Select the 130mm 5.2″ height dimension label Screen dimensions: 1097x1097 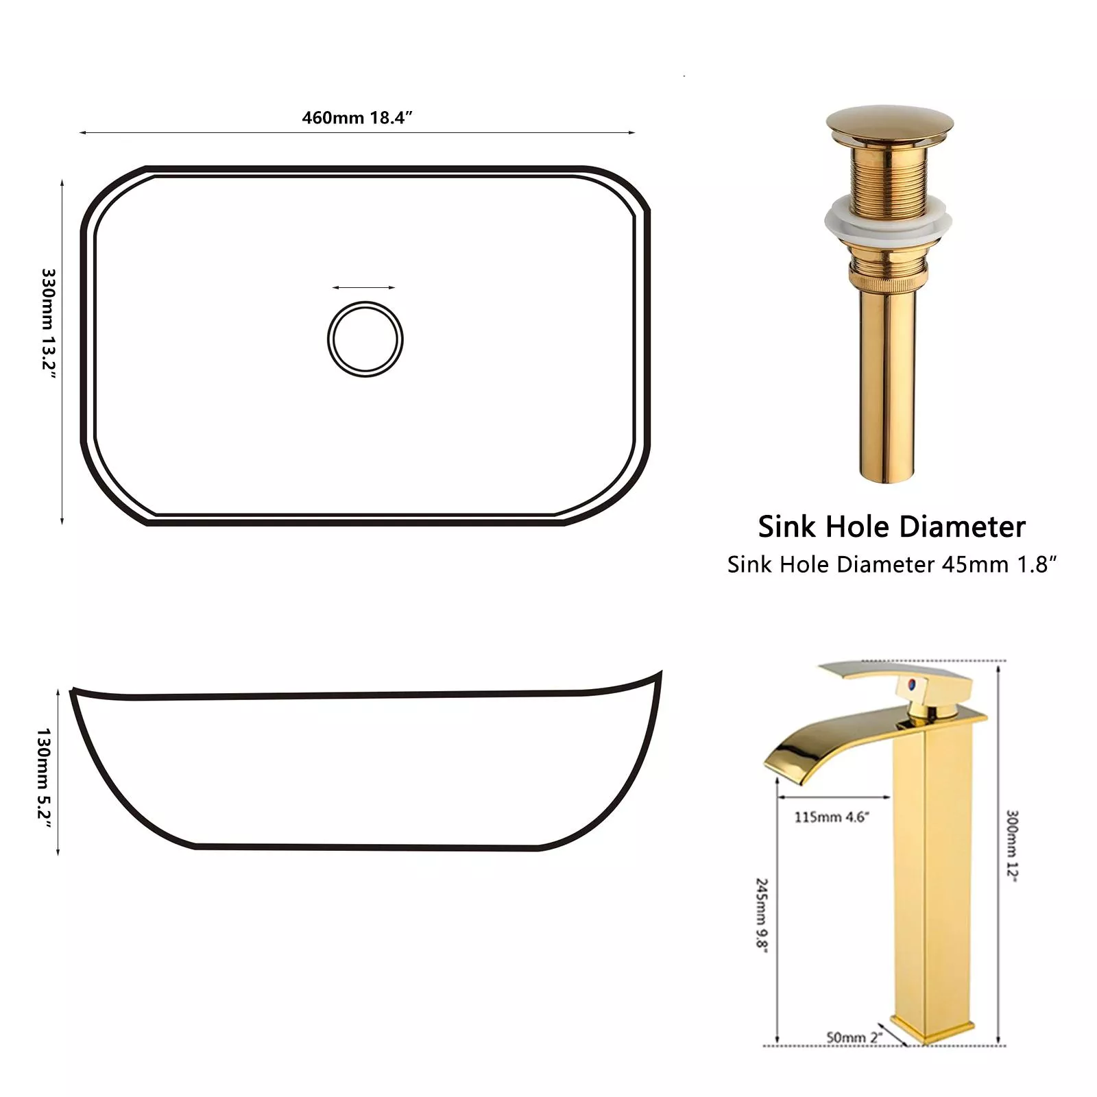point(44,779)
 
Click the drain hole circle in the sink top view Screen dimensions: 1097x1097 point(365,302)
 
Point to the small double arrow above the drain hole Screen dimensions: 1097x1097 point(363,288)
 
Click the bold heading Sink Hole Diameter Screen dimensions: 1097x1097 point(891,527)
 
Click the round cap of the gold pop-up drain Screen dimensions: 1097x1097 point(889,125)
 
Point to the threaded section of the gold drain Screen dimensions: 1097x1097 point(889,171)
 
